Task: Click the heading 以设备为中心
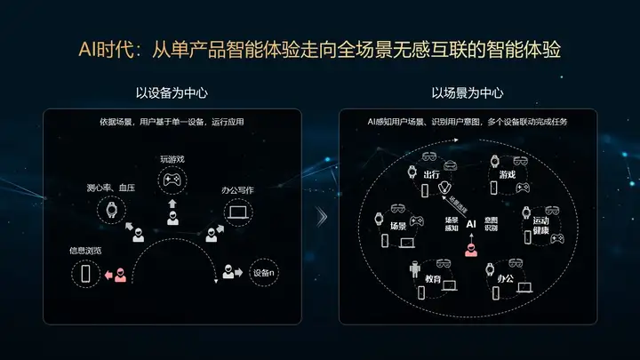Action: click(172, 92)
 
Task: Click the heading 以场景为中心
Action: click(468, 92)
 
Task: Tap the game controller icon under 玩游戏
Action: click(172, 181)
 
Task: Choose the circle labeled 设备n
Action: click(263, 273)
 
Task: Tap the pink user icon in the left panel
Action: click(120, 276)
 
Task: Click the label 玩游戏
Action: click(172, 159)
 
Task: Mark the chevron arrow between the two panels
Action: click(322, 216)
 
